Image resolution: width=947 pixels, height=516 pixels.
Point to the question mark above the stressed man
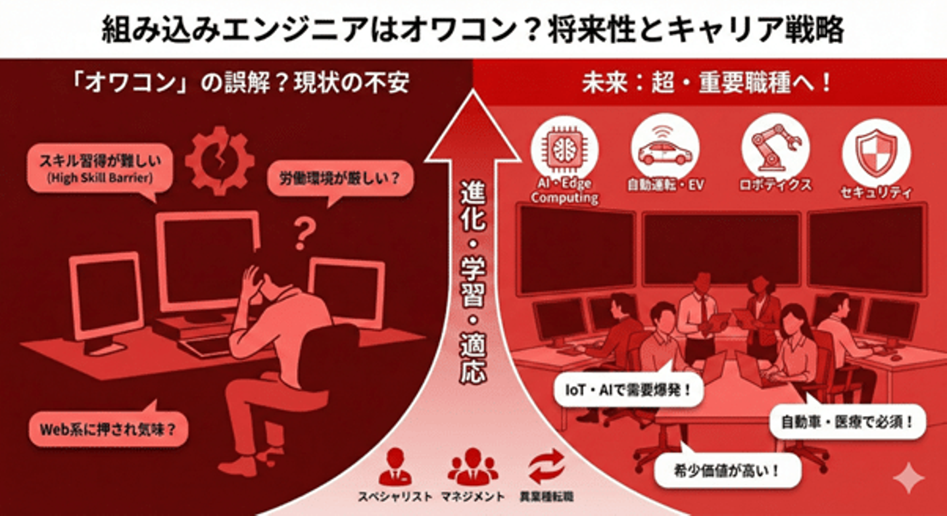pyautogui.click(x=303, y=233)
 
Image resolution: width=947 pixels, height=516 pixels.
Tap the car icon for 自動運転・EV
pyautogui.click(x=664, y=150)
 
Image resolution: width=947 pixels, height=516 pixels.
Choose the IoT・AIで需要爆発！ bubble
pyautogui.click(x=621, y=390)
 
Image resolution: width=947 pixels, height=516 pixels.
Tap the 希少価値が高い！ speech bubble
pyautogui.click(x=728, y=470)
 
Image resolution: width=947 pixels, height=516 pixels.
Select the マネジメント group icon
pyautogui.click(x=472, y=467)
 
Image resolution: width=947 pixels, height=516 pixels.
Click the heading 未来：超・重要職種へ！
pyautogui.click(x=707, y=83)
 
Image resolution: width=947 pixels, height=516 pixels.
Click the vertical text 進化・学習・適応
pyautogui.click(x=473, y=283)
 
